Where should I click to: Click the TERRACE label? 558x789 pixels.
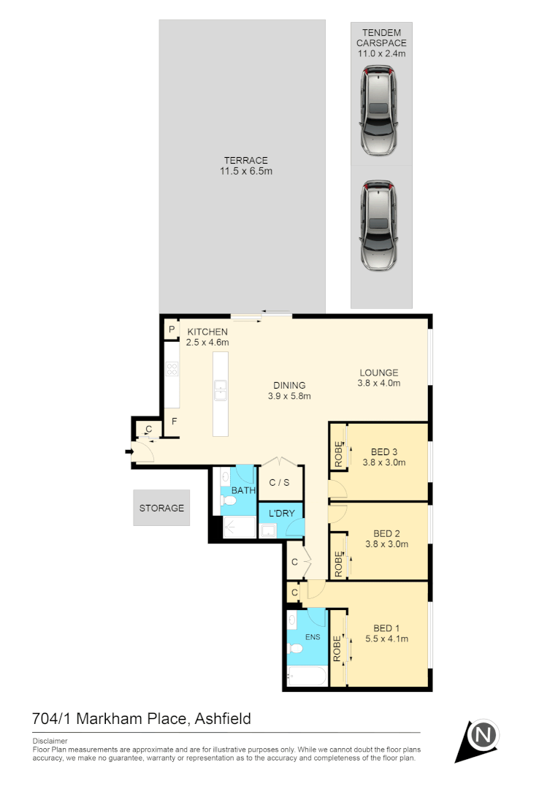[x=245, y=161]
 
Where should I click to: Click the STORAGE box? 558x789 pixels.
[x=161, y=508]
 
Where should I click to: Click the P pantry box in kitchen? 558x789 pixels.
[x=172, y=330]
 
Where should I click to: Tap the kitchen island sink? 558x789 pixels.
[x=220, y=390]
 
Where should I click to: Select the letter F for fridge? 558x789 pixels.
[x=174, y=422]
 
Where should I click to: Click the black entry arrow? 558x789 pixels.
[x=130, y=452]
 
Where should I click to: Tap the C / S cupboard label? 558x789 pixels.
[x=279, y=482]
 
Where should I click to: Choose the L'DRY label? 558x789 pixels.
[x=281, y=513]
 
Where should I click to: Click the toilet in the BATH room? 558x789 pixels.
[x=228, y=503]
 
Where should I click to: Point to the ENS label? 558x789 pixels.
[x=312, y=637]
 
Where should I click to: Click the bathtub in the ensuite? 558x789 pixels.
[x=306, y=677]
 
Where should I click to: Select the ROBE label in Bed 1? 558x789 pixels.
[x=337, y=649]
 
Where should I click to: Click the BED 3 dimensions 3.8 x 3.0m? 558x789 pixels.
[x=385, y=462]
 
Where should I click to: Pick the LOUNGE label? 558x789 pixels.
[x=379, y=372]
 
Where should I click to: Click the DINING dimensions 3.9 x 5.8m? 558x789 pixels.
[x=289, y=397]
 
